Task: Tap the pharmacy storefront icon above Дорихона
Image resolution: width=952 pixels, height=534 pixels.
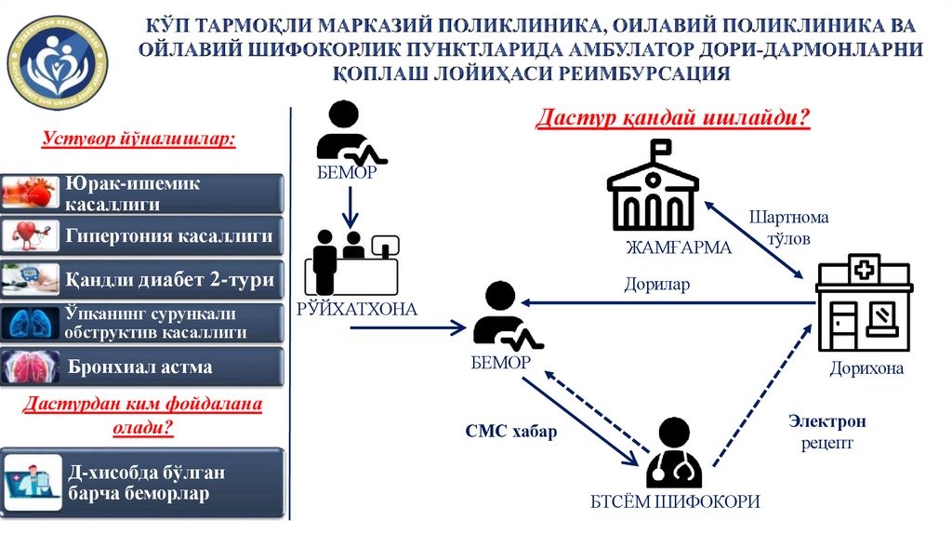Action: tap(864, 304)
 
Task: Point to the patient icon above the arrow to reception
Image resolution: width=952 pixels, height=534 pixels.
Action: tap(349, 132)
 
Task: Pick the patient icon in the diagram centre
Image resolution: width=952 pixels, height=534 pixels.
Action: tap(502, 316)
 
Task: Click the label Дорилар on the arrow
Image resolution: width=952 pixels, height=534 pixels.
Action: tap(656, 285)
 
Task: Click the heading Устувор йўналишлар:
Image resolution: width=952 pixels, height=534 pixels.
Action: tap(139, 140)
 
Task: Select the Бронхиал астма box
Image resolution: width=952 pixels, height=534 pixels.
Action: tap(140, 367)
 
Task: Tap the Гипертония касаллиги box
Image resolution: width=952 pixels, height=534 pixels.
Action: tap(140, 236)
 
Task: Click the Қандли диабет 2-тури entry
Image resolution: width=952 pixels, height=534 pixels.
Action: tap(140, 279)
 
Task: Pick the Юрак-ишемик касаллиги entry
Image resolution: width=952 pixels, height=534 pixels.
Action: tap(140, 194)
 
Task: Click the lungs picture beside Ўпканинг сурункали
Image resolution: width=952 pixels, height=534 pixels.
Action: tap(31, 323)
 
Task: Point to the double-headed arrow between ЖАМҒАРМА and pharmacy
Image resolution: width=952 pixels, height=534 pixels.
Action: tap(754, 238)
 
